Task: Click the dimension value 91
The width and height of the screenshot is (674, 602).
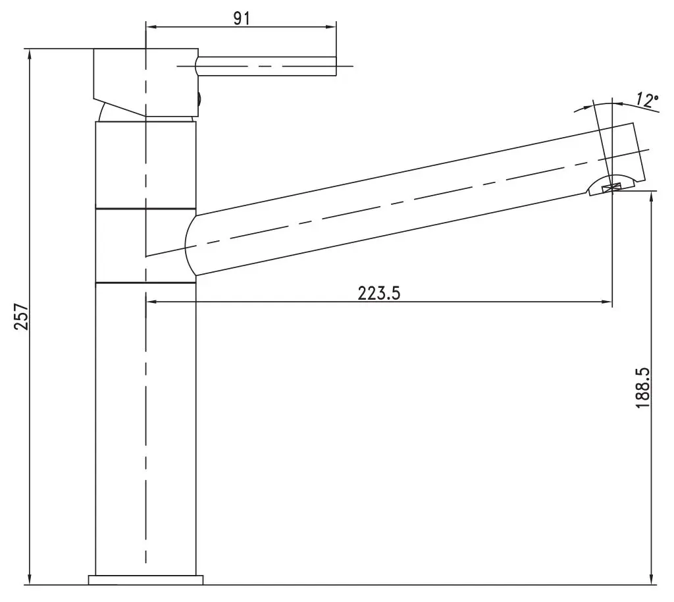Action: [242, 18]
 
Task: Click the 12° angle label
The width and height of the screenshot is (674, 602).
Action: [647, 100]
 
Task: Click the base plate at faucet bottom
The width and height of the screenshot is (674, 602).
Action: [145, 580]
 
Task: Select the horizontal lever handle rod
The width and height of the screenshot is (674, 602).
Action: [267, 67]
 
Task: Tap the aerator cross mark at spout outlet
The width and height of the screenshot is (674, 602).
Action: [613, 188]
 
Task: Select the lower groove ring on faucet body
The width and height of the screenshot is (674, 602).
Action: [145, 283]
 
